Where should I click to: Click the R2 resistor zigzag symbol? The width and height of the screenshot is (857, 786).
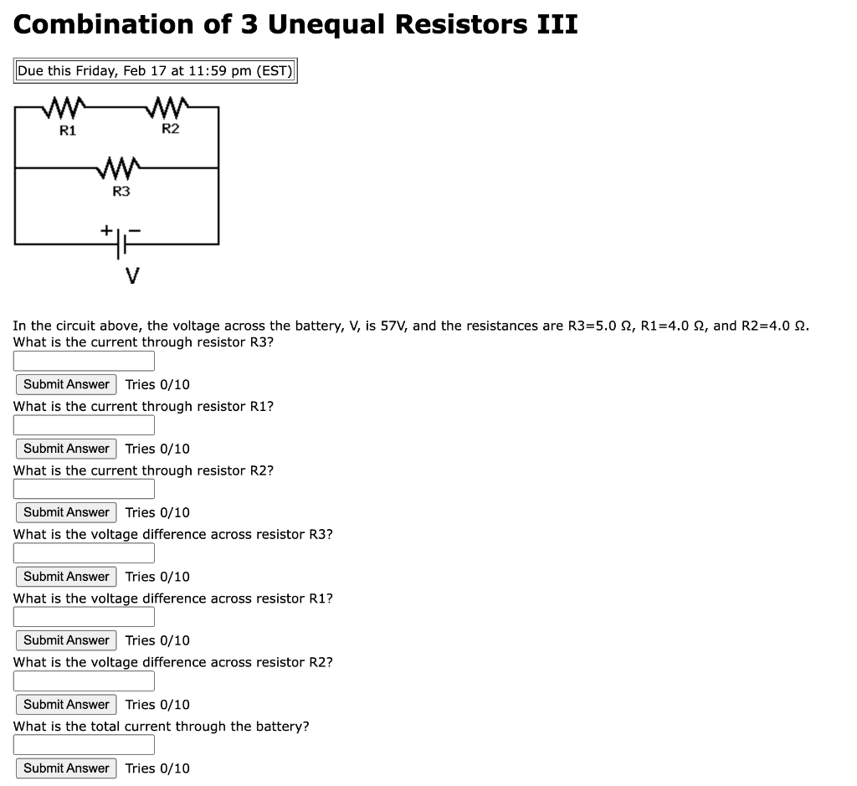pyautogui.click(x=170, y=108)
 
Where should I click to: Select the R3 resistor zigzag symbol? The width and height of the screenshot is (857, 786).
pyautogui.click(x=121, y=169)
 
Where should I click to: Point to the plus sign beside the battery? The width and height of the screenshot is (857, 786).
pyautogui.click(x=106, y=228)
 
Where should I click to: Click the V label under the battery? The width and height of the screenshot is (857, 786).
pyautogui.click(x=131, y=275)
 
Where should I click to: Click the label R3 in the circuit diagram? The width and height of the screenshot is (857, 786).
pyautogui.click(x=121, y=192)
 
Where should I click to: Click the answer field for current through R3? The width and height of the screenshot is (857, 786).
pyautogui.click(x=84, y=361)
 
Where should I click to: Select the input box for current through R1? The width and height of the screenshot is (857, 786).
pyautogui.click(x=84, y=425)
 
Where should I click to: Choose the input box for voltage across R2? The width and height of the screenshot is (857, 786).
pyautogui.click(x=84, y=681)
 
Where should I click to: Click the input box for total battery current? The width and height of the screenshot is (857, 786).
pyautogui.click(x=84, y=745)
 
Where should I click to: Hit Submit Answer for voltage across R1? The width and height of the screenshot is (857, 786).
pyautogui.click(x=66, y=640)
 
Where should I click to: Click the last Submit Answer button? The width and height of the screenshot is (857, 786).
pyautogui.click(x=66, y=768)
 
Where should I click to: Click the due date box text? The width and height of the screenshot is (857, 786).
pyautogui.click(x=155, y=70)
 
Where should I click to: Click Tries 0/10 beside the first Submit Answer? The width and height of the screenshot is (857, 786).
pyautogui.click(x=157, y=384)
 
